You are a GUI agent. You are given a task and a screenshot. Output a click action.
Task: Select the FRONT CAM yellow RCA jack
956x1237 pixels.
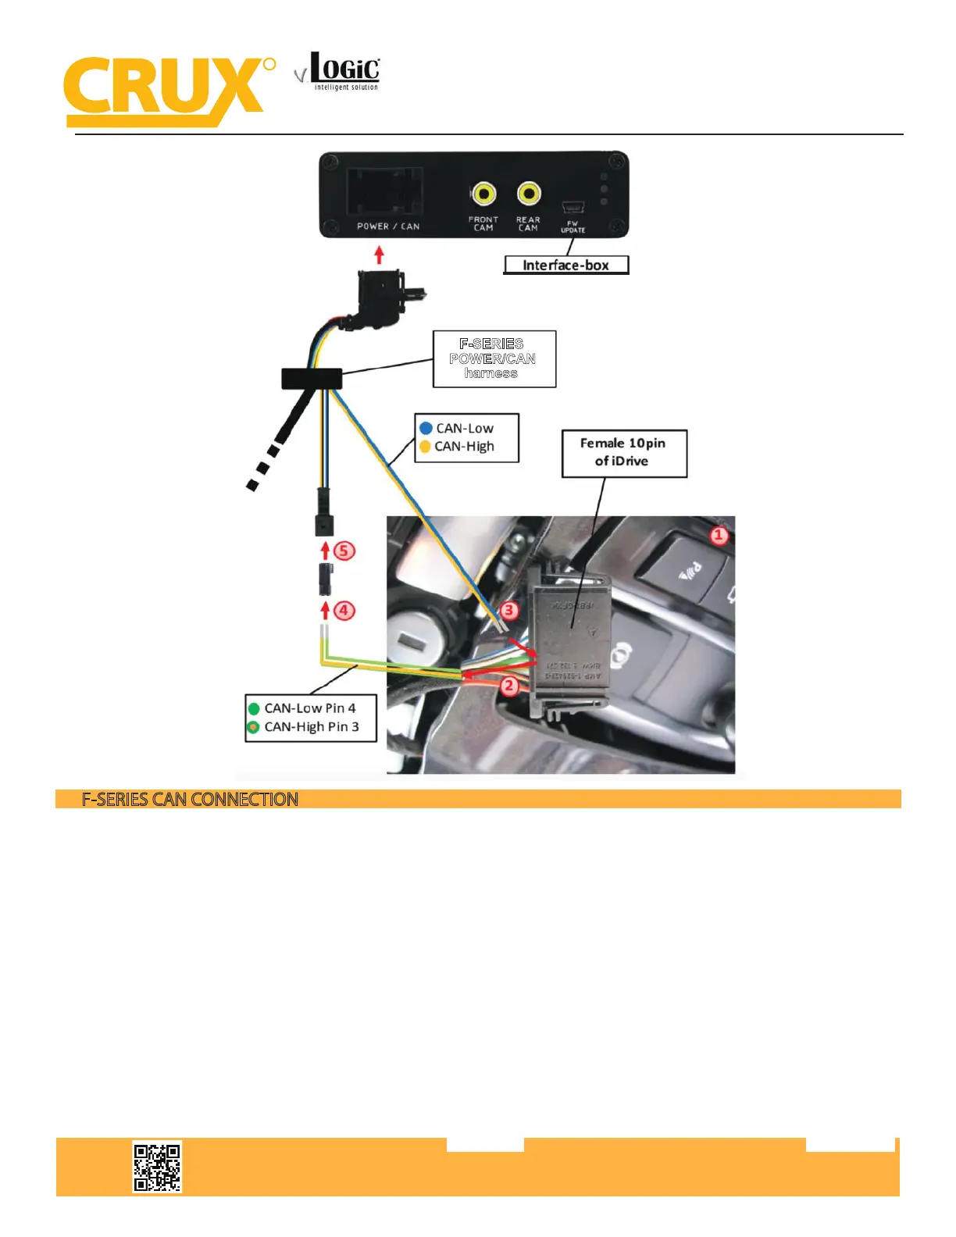click(483, 194)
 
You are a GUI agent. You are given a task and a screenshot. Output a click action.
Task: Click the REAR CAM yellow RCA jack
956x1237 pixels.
click(529, 193)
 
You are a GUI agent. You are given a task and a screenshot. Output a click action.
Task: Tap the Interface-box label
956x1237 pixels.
click(565, 266)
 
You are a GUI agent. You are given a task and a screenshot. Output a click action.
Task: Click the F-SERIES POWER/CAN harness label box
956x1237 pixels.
click(494, 358)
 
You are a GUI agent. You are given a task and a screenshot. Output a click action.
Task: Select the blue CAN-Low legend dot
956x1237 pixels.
click(426, 428)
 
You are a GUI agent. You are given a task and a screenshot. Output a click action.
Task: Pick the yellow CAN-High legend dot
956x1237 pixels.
click(425, 447)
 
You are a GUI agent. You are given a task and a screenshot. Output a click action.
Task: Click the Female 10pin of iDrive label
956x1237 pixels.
click(623, 452)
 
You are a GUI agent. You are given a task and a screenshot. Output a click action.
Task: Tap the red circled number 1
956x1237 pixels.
click(719, 536)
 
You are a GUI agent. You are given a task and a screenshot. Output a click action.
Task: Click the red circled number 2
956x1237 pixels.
click(509, 686)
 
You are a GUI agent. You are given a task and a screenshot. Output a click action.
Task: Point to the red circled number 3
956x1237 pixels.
click(509, 610)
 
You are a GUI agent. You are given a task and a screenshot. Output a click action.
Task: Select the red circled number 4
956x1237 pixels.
click(344, 610)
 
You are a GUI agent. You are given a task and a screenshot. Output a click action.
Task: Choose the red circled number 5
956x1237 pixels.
click(344, 551)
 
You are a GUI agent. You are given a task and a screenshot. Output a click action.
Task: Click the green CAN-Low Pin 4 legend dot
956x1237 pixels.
click(254, 709)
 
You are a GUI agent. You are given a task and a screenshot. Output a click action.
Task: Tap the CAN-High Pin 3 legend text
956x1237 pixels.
click(312, 727)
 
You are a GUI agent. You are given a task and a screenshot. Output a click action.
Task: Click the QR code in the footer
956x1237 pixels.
click(157, 1167)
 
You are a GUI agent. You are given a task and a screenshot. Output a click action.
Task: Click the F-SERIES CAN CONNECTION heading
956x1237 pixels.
click(190, 800)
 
